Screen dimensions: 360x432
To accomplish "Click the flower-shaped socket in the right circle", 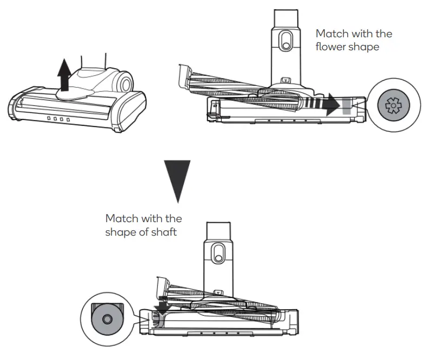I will coord(390,104).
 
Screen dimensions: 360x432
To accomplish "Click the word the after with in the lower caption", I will coord(174,219).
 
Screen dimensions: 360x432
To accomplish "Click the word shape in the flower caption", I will coord(364,47).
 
